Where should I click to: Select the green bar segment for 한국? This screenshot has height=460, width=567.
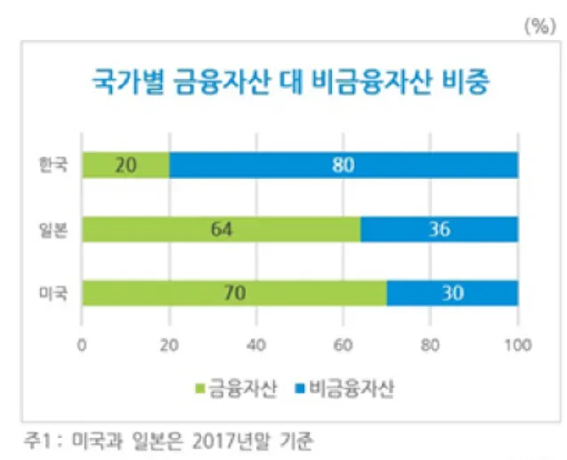(x=126, y=165)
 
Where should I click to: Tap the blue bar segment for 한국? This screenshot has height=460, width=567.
(x=344, y=165)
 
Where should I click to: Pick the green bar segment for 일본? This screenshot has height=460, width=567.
(x=221, y=230)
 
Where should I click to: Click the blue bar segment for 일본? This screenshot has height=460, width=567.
(x=439, y=230)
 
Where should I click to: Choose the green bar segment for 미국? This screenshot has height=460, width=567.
(x=234, y=294)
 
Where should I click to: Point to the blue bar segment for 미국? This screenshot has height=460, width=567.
(x=452, y=294)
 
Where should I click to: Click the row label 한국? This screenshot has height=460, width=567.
(x=53, y=165)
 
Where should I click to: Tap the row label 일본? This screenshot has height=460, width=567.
(x=53, y=230)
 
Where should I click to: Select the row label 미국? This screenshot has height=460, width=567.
(x=53, y=294)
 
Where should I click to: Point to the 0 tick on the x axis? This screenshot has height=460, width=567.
(x=82, y=344)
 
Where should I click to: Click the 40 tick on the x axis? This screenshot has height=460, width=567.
(x=256, y=344)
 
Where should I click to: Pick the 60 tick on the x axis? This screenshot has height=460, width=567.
(x=344, y=344)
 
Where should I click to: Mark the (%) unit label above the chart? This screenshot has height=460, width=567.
(x=539, y=26)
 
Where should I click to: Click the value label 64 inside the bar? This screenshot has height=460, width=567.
(x=221, y=230)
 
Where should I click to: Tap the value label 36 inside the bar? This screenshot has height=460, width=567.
(x=439, y=230)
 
